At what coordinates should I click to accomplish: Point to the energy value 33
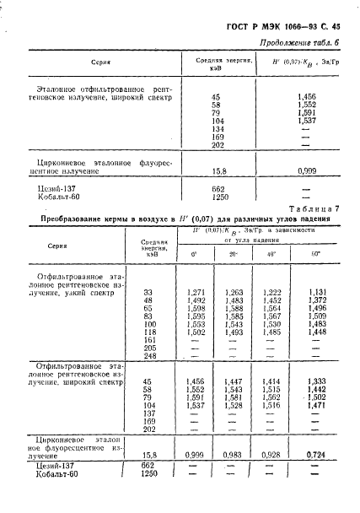pos(150,291)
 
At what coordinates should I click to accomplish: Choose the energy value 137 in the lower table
pos(150,413)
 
